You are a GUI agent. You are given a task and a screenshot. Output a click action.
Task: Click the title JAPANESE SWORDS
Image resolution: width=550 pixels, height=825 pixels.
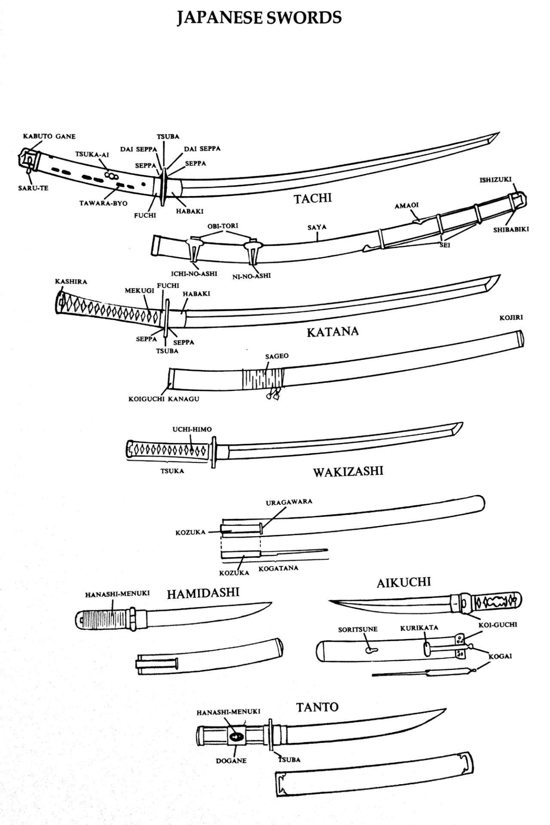(259, 18)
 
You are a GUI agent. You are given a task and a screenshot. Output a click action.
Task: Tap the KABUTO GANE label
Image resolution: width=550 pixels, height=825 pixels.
(49, 137)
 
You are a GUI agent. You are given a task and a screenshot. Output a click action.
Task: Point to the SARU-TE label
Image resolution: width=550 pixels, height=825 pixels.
(33, 188)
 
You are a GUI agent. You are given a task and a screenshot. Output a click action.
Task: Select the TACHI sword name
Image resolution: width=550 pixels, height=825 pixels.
(313, 199)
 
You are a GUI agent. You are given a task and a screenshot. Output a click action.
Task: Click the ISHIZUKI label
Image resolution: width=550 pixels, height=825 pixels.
(495, 180)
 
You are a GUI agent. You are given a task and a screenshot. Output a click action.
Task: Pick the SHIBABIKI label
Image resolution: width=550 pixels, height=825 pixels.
(510, 229)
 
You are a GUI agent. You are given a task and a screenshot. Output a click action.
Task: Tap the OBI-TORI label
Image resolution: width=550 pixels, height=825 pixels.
(223, 226)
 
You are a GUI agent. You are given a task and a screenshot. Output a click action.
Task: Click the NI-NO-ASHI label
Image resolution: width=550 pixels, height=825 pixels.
(251, 276)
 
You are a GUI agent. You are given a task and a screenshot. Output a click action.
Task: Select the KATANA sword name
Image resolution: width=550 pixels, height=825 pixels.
(333, 332)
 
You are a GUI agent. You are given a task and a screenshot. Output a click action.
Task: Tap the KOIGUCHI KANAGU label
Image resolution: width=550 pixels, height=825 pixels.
(164, 399)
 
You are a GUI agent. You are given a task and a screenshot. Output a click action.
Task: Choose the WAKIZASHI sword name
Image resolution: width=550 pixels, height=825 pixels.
(348, 472)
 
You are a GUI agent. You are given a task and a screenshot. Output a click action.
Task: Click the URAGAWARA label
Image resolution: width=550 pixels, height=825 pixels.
(289, 501)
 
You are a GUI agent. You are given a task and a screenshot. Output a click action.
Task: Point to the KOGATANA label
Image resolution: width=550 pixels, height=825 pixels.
(278, 568)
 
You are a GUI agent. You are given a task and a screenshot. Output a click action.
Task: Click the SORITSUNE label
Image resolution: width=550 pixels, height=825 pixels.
(357, 629)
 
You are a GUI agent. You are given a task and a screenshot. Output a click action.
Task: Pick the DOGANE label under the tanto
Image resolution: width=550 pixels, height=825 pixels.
(231, 761)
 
